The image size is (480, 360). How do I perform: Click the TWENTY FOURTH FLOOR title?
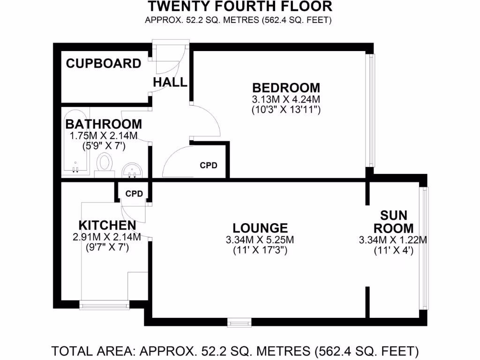[x=240, y=7]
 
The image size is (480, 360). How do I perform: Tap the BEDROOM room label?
[x=286, y=88]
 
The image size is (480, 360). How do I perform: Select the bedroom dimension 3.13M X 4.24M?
[x=286, y=99]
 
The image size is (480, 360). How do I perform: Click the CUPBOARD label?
[x=104, y=64]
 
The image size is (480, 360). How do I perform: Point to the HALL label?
[x=170, y=82]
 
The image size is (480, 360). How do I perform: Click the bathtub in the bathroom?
[x=75, y=143]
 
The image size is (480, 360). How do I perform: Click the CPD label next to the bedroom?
[x=209, y=165]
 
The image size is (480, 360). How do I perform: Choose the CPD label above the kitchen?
[x=134, y=194]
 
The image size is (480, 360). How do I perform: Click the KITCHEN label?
[x=107, y=225]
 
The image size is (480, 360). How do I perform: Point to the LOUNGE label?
[x=260, y=228]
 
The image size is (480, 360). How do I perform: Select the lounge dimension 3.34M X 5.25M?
[x=260, y=240]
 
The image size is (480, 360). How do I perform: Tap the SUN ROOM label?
[x=394, y=222]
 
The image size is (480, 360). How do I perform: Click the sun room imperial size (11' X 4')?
[x=394, y=251]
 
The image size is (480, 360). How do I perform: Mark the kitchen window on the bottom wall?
[x=104, y=305]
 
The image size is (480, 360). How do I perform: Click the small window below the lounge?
[x=239, y=322]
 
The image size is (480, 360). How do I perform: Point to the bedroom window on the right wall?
[x=371, y=111]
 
